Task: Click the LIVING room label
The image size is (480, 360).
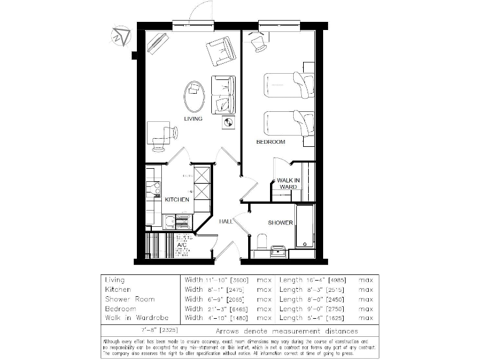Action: (x=193, y=119)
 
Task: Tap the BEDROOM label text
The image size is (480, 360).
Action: (x=271, y=142)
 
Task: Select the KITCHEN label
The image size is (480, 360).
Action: (x=177, y=199)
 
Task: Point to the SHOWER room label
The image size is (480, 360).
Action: (x=280, y=222)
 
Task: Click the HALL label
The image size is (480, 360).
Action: (x=226, y=221)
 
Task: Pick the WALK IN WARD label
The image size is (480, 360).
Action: (x=287, y=183)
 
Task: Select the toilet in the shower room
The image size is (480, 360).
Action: (x=262, y=241)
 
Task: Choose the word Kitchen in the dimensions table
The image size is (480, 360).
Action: (x=116, y=290)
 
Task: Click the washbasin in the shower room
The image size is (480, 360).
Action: (x=277, y=251)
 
